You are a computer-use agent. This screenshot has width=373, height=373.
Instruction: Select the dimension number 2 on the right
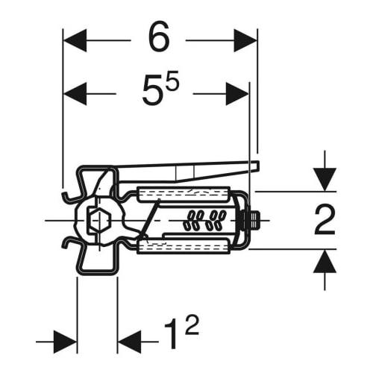click(325, 220)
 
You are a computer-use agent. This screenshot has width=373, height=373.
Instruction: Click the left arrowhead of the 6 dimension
click(75, 40)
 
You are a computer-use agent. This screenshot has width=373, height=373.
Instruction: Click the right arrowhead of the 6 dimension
click(245, 40)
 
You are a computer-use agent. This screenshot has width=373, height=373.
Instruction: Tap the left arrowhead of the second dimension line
click(75, 94)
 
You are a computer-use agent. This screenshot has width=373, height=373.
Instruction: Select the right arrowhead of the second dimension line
click(237, 94)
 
